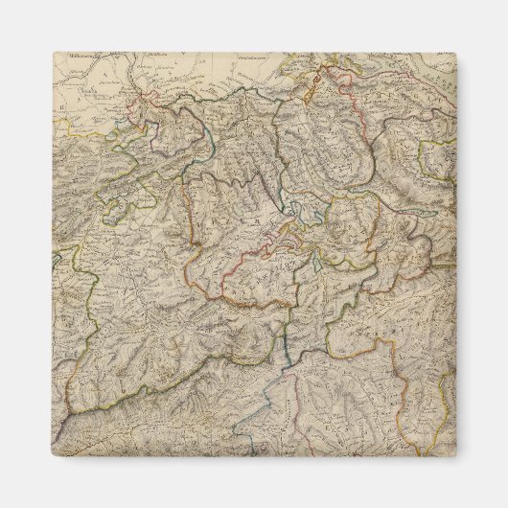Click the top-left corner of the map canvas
pyautogui.click(x=53, y=53)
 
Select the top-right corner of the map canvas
pyautogui.click(x=457, y=53)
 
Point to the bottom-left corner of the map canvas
pyautogui.click(x=53, y=457)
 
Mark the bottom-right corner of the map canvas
pyautogui.click(x=457, y=457)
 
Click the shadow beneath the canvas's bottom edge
pyautogui.click(x=255, y=462)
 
